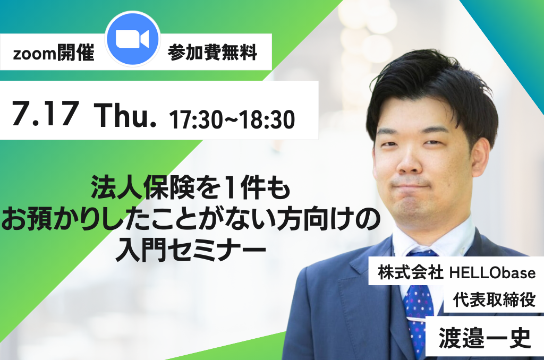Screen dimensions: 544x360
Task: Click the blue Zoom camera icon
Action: point(132,39)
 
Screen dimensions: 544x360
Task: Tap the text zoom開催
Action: point(54,53)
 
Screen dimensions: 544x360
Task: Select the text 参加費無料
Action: point(212,53)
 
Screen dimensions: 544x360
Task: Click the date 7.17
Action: point(45,113)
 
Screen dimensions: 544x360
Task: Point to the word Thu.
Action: point(125,115)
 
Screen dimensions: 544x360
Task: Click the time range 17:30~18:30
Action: point(232,119)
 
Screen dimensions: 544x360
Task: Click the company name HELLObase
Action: point(492,272)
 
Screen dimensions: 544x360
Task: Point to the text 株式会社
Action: point(411,272)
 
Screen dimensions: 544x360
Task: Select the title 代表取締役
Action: point(494,299)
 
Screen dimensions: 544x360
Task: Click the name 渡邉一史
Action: point(484,338)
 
